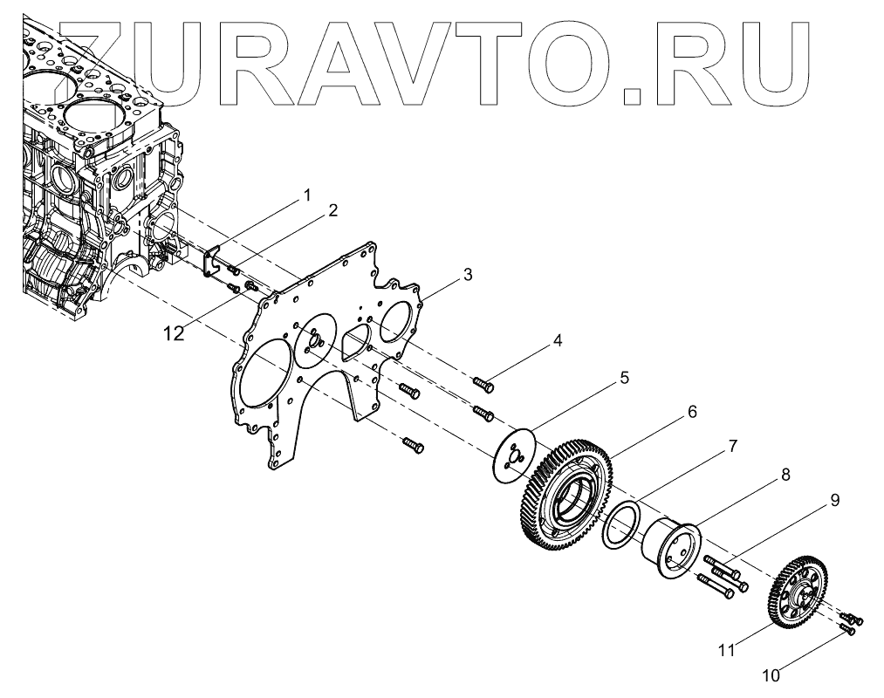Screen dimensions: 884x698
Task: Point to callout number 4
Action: click(556, 342)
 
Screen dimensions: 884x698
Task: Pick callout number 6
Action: click(691, 411)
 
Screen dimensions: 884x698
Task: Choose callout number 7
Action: click(732, 446)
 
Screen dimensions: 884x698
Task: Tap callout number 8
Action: click(785, 475)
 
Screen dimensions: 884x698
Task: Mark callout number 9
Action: click(834, 501)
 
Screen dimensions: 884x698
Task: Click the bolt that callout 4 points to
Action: click(483, 382)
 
